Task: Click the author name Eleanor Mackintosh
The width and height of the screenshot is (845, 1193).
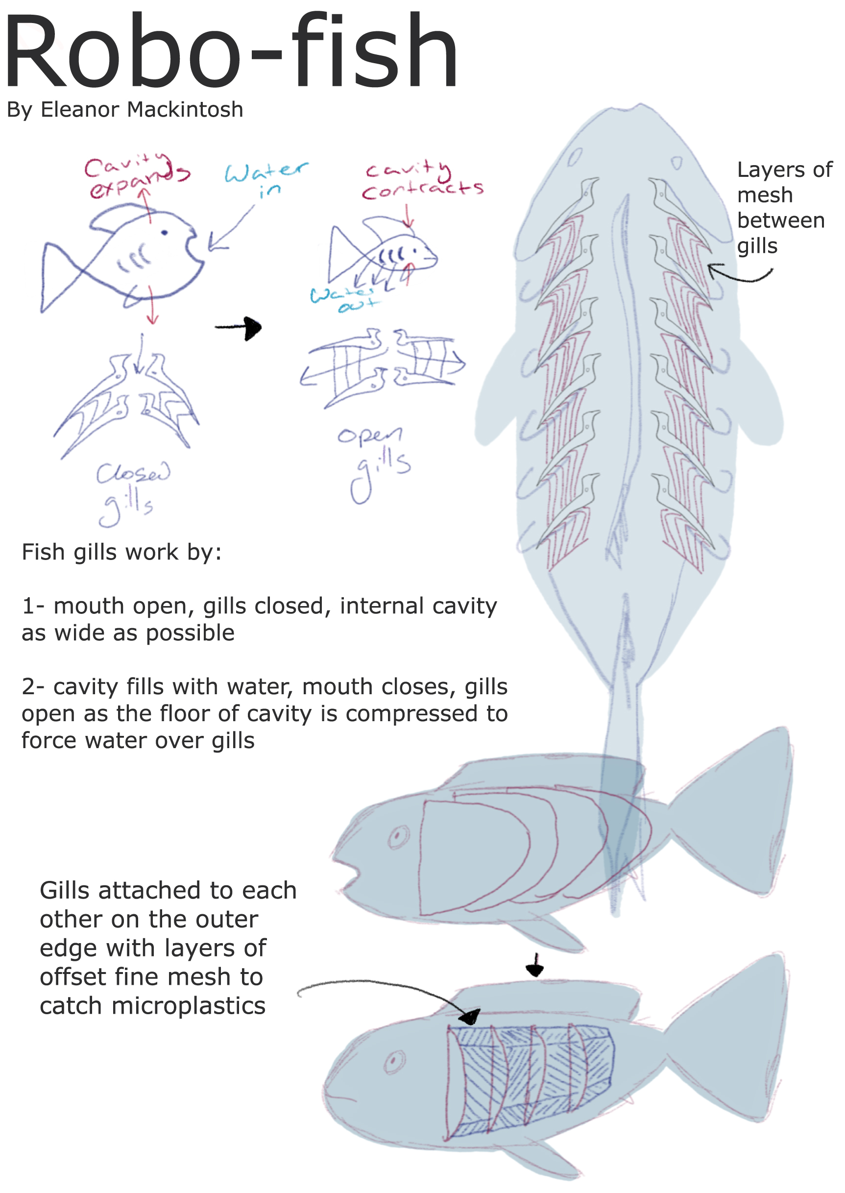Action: click(x=142, y=110)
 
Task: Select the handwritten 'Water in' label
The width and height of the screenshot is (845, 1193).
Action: click(x=266, y=178)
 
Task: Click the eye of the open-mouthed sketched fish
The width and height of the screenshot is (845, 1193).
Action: click(x=165, y=232)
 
